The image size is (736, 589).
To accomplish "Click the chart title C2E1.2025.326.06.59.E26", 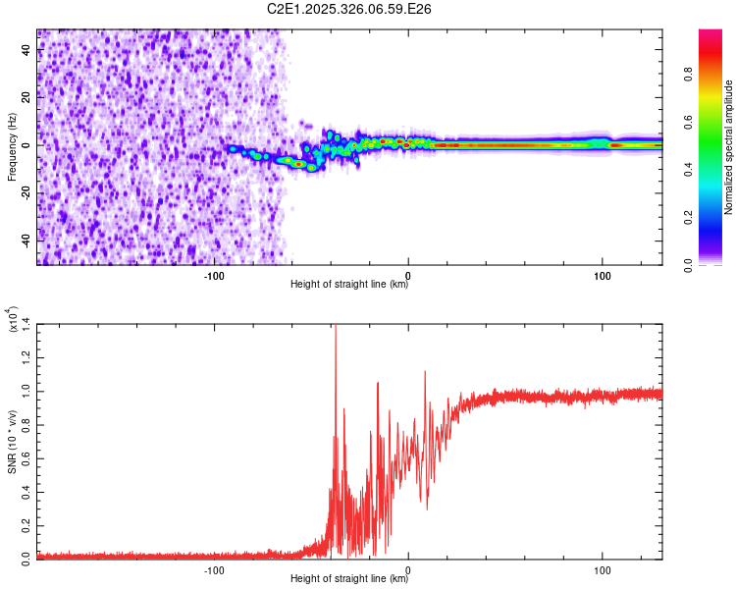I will click(x=350, y=9).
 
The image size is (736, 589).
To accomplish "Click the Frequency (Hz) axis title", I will click(x=12, y=147).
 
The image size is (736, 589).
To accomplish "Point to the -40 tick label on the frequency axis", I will click(x=25, y=241).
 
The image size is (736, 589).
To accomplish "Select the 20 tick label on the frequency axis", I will click(x=26, y=97).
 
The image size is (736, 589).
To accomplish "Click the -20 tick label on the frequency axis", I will click(x=25, y=192).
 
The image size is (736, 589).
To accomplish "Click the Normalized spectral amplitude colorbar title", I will click(x=729, y=147).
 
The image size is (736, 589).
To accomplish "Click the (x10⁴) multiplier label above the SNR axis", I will click(x=13, y=319).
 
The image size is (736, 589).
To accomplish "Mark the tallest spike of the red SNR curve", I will click(x=336, y=326).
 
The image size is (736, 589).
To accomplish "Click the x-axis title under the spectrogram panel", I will click(x=349, y=285).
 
